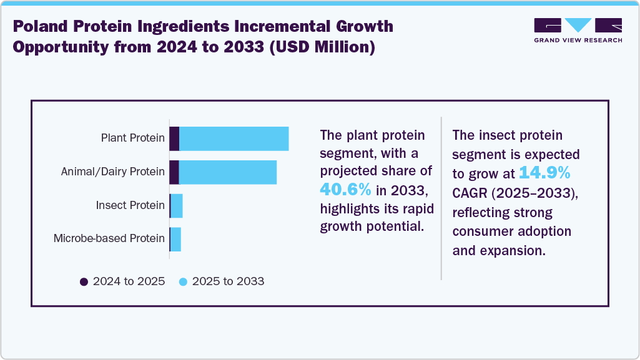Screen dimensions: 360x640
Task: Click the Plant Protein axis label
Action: click(132, 138)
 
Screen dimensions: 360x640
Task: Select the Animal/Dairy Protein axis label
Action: click(113, 172)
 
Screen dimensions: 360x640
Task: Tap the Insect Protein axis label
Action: click(130, 205)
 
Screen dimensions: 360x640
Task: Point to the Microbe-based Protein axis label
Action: click(109, 238)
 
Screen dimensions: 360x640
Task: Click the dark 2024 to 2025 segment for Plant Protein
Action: click(174, 139)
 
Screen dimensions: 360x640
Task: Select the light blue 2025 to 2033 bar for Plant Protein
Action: click(234, 139)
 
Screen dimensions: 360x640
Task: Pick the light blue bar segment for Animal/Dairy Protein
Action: click(227, 172)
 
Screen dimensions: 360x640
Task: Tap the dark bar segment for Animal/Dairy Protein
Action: click(174, 172)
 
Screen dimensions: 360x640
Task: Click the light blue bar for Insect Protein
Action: click(177, 205)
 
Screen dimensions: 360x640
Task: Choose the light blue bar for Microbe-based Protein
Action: click(175, 239)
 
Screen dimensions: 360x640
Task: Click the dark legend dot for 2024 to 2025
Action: click(84, 281)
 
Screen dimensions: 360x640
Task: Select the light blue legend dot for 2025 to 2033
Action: click(183, 281)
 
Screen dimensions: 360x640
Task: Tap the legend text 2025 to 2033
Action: click(228, 281)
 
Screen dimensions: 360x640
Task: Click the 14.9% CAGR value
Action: click(544, 172)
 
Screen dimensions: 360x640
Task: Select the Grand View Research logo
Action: click(578, 29)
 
